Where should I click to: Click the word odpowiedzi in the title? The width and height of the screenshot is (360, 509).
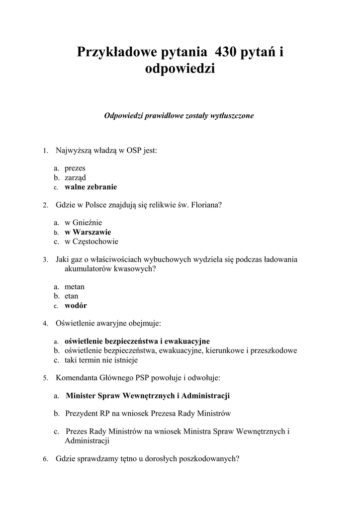click(x=180, y=68)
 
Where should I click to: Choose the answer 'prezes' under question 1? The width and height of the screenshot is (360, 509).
click(x=75, y=169)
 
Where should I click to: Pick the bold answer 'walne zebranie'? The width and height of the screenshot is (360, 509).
click(x=91, y=187)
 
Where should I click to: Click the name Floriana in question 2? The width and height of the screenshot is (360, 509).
click(x=204, y=205)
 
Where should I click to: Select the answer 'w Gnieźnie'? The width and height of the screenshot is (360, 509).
click(x=84, y=223)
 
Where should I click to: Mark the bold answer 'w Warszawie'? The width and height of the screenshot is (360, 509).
click(x=88, y=232)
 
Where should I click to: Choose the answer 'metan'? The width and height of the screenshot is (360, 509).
click(x=75, y=287)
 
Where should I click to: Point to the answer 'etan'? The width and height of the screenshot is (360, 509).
click(x=72, y=296)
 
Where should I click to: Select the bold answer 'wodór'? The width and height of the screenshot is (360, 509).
click(x=76, y=306)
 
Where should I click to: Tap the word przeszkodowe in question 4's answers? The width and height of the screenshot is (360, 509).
click(x=275, y=350)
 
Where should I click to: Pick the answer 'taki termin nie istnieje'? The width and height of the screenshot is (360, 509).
click(x=101, y=360)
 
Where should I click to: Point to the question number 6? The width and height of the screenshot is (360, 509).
click(x=45, y=459)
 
